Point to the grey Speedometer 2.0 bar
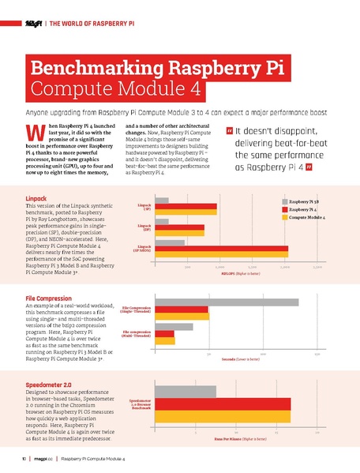[186, 392]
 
